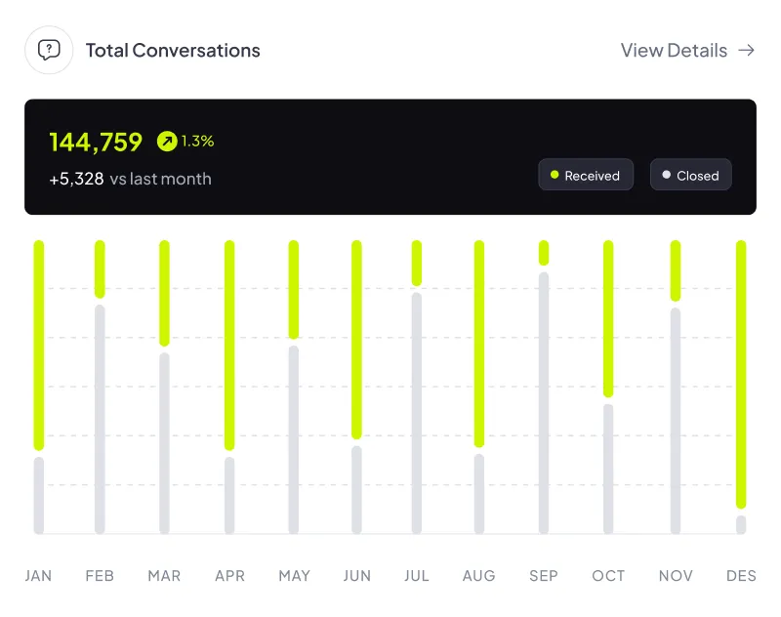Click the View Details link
point(674,51)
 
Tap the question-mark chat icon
point(49,50)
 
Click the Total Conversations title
point(173,51)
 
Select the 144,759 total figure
point(96,142)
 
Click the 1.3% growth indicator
point(185,142)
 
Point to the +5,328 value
point(76,179)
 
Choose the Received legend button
point(586,176)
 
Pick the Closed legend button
point(690,176)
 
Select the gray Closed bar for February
point(100,419)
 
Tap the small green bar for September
point(544,253)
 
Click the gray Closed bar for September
point(544,402)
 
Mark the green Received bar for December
point(741,374)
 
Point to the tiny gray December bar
point(741,524)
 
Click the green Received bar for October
point(608,318)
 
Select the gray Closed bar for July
point(417,413)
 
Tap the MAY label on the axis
point(294,576)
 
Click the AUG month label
point(478,576)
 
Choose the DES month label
point(741,576)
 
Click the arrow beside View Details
point(747,51)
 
